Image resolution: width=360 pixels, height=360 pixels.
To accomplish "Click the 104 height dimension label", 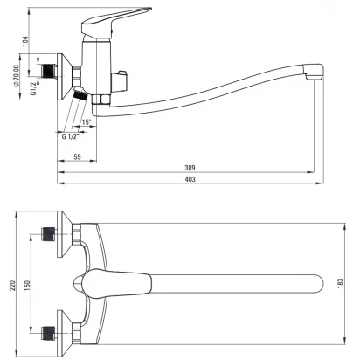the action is (25, 41).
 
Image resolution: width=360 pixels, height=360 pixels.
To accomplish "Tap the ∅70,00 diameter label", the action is (17, 75).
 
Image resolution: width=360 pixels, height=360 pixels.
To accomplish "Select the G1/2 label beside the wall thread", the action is (33, 88).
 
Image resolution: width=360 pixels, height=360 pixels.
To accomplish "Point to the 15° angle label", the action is (87, 122).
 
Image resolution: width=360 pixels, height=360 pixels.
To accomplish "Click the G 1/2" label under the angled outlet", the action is (71, 136).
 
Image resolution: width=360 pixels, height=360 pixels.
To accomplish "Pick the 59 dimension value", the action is (77, 156).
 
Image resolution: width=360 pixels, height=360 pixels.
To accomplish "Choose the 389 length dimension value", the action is (190, 168).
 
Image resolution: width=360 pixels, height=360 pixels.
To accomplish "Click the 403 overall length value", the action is (190, 179).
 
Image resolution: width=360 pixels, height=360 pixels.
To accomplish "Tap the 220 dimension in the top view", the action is (12, 287).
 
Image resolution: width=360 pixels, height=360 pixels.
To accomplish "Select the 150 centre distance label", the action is (27, 286).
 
